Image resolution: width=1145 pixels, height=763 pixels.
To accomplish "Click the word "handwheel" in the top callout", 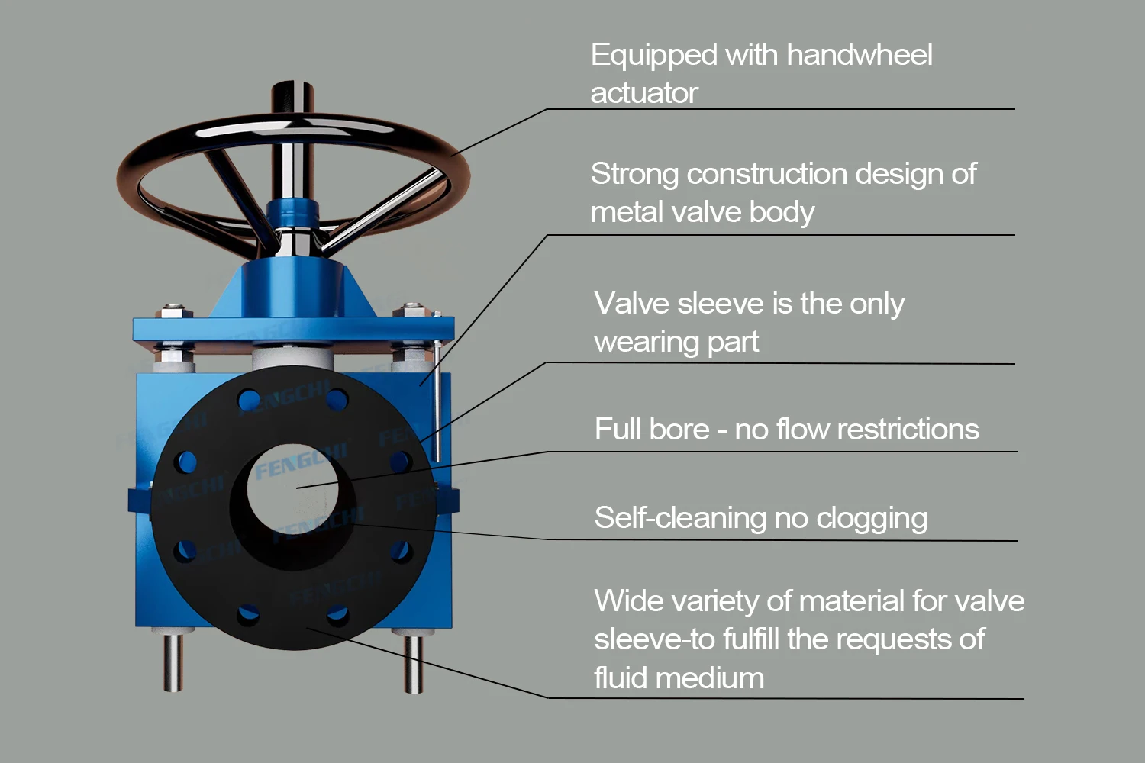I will click(x=859, y=55).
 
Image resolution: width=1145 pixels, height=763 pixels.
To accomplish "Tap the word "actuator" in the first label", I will click(x=644, y=93).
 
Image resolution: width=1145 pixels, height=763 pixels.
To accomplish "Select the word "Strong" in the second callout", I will click(x=634, y=174).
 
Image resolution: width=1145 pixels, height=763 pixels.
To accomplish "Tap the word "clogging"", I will click(x=872, y=519).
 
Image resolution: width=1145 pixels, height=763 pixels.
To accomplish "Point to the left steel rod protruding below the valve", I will click(x=173, y=660).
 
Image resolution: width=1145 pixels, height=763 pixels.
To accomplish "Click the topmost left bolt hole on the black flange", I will click(x=248, y=399).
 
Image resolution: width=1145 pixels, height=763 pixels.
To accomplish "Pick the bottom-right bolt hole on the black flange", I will click(x=337, y=614).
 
